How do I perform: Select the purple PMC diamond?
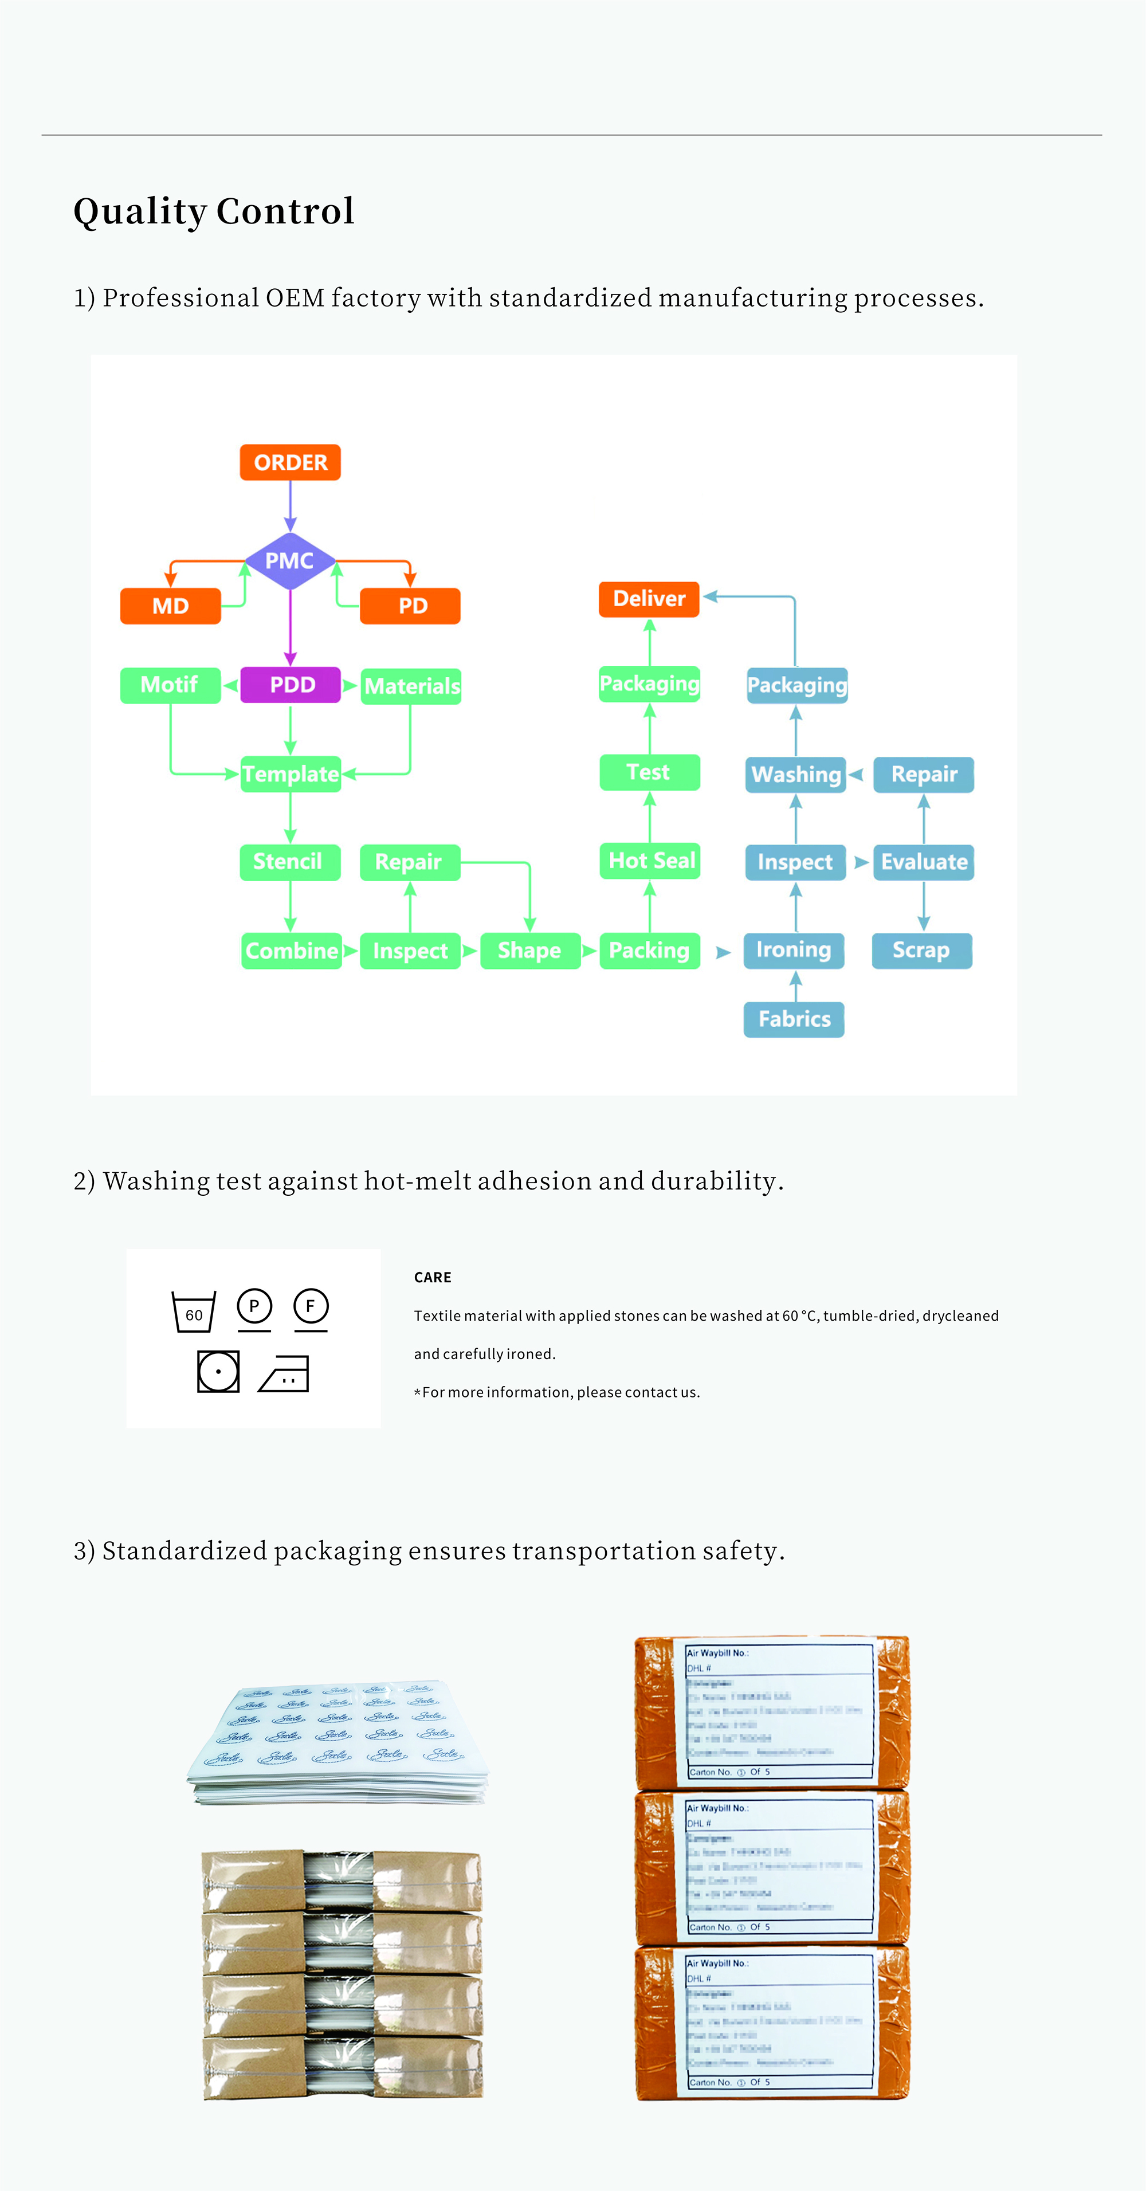pyautogui.click(x=289, y=560)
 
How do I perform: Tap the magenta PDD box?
pyautogui.click(x=291, y=685)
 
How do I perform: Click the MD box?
pyautogui.click(x=170, y=606)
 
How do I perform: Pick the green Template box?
pyautogui.click(x=291, y=774)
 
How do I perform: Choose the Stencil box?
pyautogui.click(x=289, y=862)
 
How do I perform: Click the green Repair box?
pyautogui.click(x=409, y=862)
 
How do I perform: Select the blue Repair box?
pyautogui.click(x=923, y=774)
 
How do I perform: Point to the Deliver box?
pyautogui.click(x=649, y=599)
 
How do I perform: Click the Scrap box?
pyautogui.click(x=921, y=950)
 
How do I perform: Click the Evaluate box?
pyautogui.click(x=923, y=862)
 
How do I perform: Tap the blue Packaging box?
pyautogui.click(x=797, y=685)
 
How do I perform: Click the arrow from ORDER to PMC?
pyautogui.click(x=290, y=506)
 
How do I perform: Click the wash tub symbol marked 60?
pyautogui.click(x=194, y=1312)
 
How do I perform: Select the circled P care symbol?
pyautogui.click(x=253, y=1306)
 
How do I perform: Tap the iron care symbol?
pyautogui.click(x=285, y=1373)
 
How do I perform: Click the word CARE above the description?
pyautogui.click(x=432, y=1278)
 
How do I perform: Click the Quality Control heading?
pyautogui.click(x=214, y=211)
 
